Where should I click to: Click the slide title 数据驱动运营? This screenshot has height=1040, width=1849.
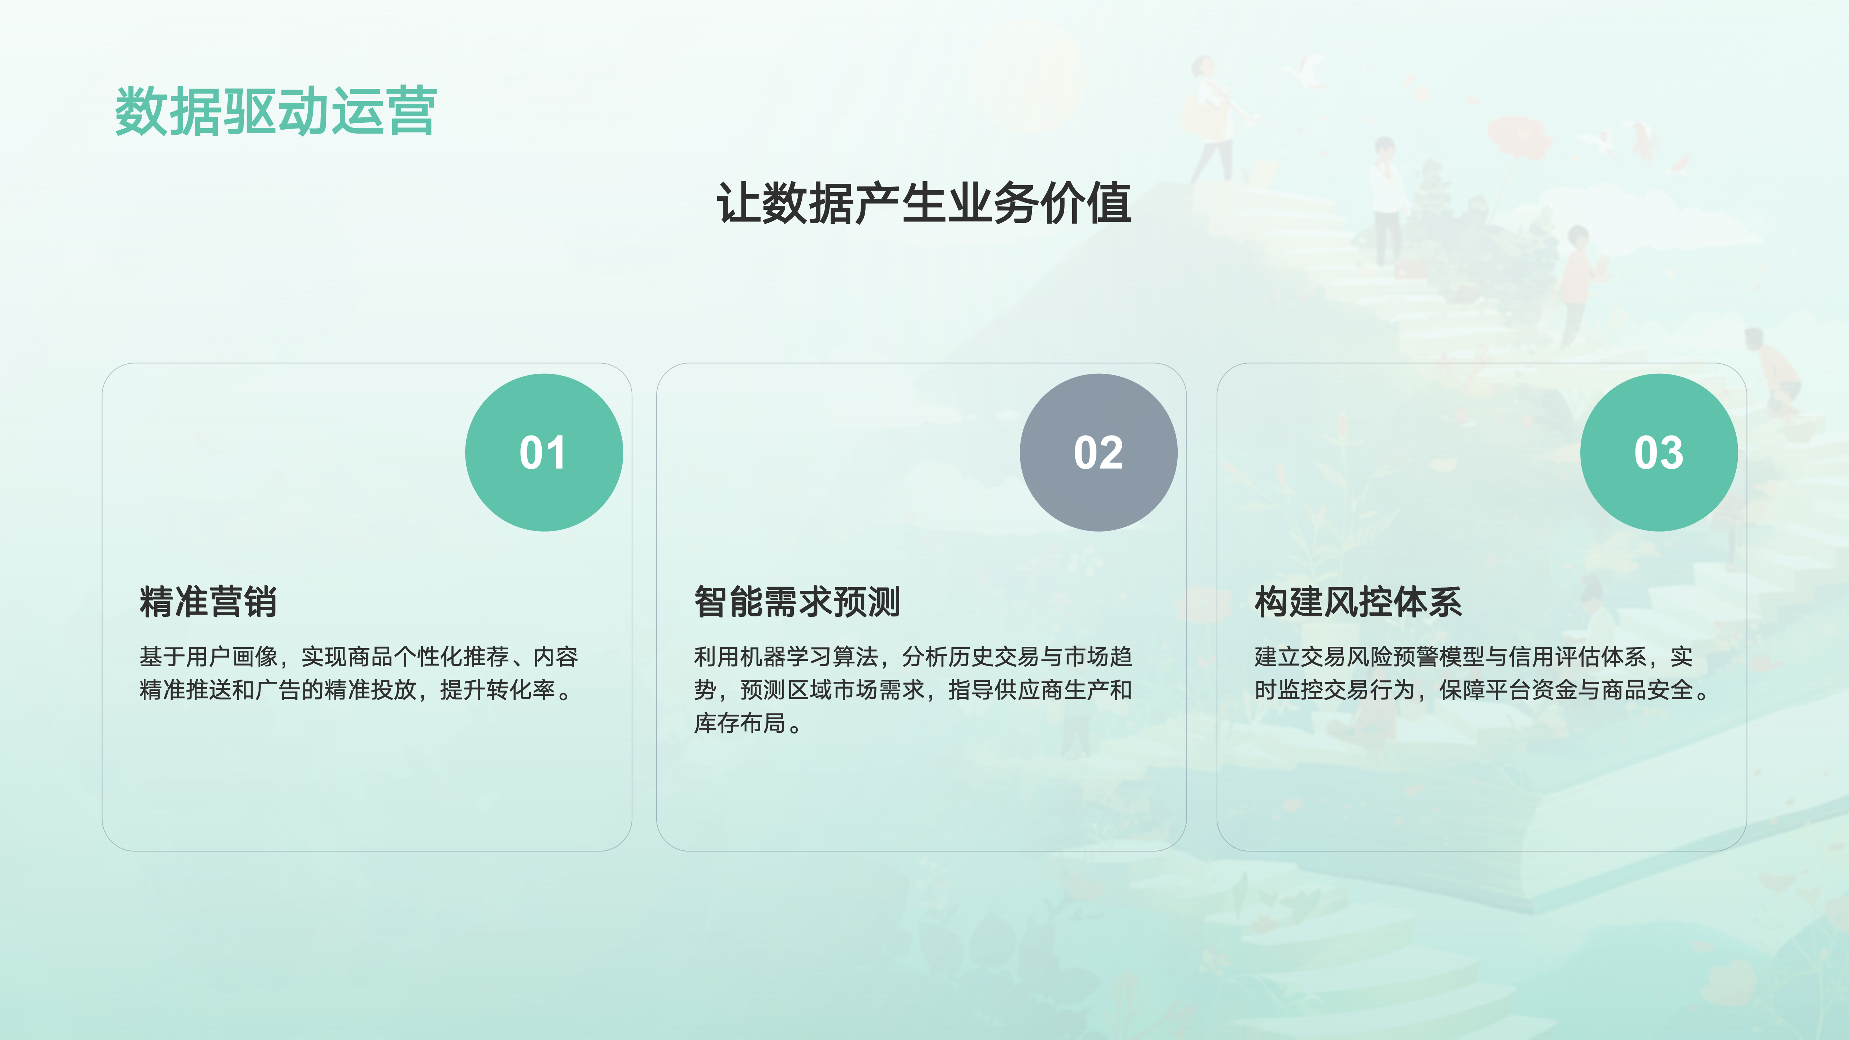[276, 111]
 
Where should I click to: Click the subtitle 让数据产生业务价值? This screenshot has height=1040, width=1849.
[924, 203]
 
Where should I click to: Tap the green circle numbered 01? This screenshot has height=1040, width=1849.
[544, 452]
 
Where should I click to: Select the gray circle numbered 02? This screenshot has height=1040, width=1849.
[1098, 452]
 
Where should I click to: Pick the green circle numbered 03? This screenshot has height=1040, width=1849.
[1659, 452]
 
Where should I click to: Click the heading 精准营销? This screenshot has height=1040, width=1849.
[208, 602]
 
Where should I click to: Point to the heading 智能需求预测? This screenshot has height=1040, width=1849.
[797, 602]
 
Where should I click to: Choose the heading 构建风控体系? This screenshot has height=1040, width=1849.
[1358, 602]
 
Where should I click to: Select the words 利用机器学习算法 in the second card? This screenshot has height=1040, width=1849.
[786, 657]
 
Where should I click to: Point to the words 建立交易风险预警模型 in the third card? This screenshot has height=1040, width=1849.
[1369, 657]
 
